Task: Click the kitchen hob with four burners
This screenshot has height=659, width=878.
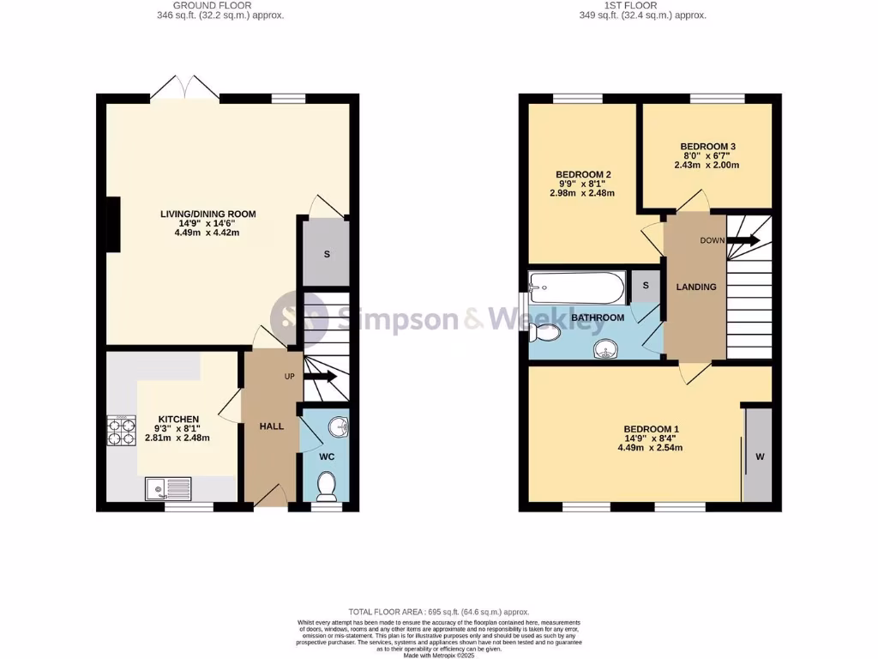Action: pyautogui.click(x=121, y=430)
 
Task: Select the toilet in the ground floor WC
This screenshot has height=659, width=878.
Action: pyautogui.click(x=327, y=487)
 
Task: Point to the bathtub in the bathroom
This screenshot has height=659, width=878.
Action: pyautogui.click(x=576, y=288)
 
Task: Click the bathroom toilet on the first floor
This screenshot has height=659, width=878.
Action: pyautogui.click(x=544, y=331)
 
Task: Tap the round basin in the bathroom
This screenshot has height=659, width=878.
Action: pyautogui.click(x=607, y=349)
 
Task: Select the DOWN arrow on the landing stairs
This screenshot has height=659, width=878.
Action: pyautogui.click(x=743, y=241)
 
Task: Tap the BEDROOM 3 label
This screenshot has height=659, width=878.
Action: pyautogui.click(x=707, y=147)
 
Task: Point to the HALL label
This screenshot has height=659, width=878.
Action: pyautogui.click(x=272, y=426)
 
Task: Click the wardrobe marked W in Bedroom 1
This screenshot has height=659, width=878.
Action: pyautogui.click(x=759, y=456)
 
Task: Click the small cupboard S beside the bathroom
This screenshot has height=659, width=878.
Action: pyautogui.click(x=645, y=286)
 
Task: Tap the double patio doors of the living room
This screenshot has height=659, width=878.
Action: pyautogui.click(x=183, y=88)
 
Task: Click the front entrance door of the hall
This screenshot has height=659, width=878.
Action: pyautogui.click(x=272, y=496)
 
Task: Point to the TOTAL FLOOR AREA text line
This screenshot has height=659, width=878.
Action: pyautogui.click(x=438, y=611)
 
